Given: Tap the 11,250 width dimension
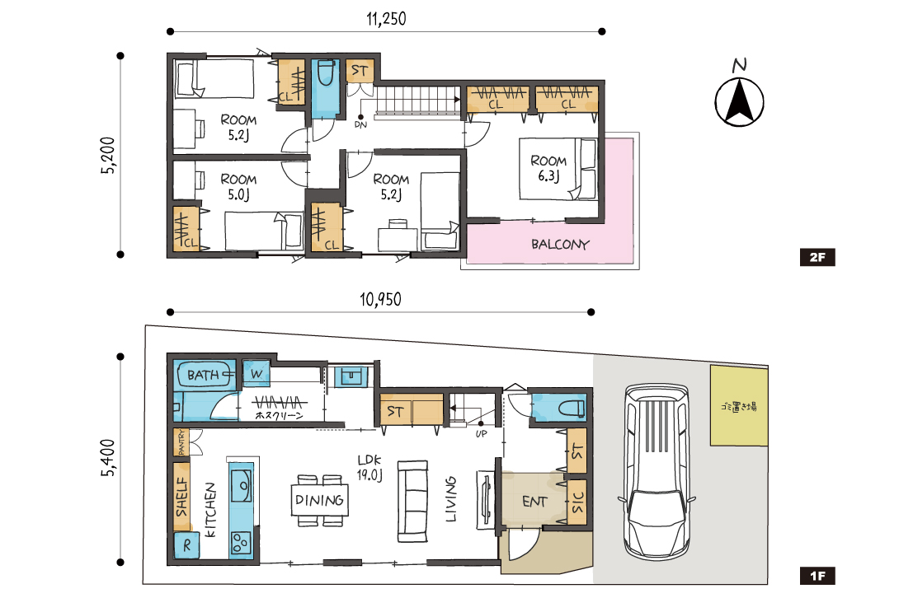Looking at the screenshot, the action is coord(386,19).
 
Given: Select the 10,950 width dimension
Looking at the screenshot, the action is coord(380,299).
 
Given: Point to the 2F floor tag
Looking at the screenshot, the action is coord(817,257).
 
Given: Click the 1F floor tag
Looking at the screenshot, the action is coord(817,576).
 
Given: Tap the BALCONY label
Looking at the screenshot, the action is coord(560,245).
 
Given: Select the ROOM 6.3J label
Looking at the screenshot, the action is coord(548,168).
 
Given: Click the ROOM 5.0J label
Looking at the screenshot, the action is coord(238,187).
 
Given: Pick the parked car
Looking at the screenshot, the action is coord(657,471).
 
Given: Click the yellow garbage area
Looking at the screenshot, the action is coord(739,405).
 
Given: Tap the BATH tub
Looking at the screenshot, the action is coord(205,375).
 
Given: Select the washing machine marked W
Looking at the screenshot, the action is coord(257,374).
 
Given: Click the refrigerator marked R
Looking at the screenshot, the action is coord(187,546).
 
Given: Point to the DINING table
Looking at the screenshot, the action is coord(319,500).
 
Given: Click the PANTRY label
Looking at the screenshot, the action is coord(181,443).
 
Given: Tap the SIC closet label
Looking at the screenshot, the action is coord(577,502).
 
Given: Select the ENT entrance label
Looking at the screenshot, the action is coord(534,502).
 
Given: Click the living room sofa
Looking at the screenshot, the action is coord(413,501).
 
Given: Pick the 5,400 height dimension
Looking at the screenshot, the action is coord(108,458).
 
